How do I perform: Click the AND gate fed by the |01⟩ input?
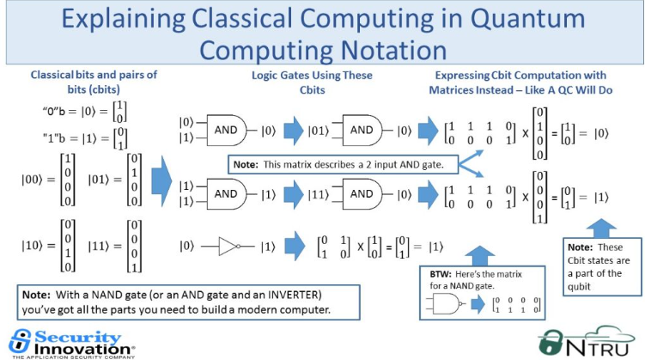pos(361,130)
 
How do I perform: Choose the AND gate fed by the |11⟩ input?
pos(361,194)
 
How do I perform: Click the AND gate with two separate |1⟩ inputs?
pos(226,194)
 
